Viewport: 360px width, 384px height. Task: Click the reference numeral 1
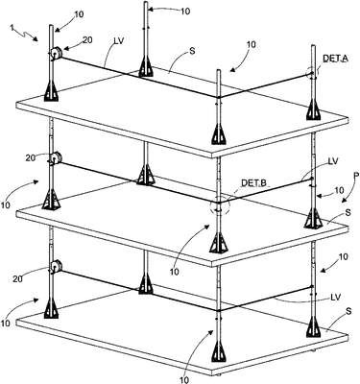coord(12,29)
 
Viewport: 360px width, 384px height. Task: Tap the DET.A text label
coord(335,58)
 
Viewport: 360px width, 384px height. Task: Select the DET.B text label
coord(253,183)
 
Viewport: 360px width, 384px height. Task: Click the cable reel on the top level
coord(56,53)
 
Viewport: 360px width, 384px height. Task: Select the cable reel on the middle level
coord(56,158)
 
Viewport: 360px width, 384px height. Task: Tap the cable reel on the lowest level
coord(56,266)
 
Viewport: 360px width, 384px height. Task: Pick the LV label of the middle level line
coord(333,161)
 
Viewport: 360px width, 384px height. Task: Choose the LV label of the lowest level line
coord(336,297)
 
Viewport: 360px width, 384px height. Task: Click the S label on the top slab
coord(192,51)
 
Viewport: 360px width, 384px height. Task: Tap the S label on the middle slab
coord(348,212)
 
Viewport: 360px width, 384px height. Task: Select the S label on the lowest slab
coord(348,311)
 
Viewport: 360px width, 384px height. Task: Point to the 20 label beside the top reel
coord(88,39)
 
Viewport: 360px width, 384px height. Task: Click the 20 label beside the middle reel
coord(31,157)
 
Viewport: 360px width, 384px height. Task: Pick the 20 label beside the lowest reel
coord(18,278)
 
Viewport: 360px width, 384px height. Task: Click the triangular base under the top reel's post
coord(51,92)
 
